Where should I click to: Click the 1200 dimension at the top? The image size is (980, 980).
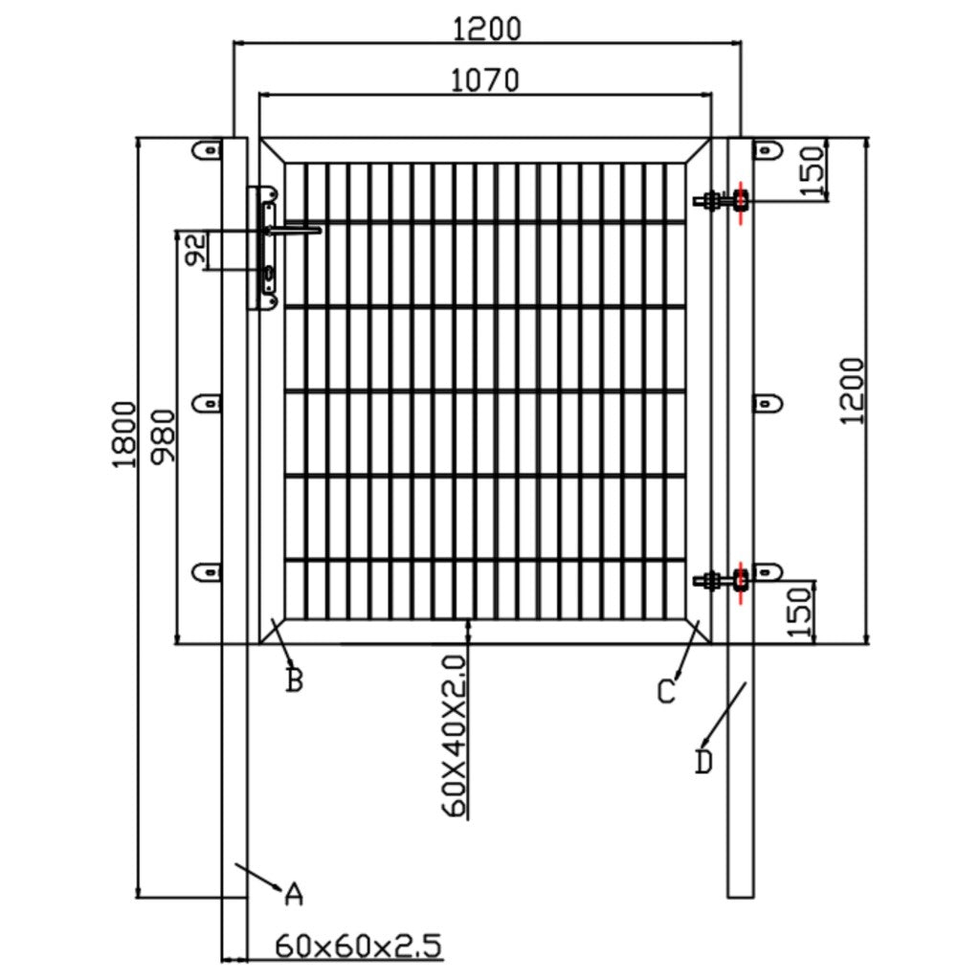pos(488,29)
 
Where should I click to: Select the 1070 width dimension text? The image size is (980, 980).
pos(485,80)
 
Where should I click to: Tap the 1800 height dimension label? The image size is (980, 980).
pos(123,434)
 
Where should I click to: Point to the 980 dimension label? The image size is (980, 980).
pos(164,435)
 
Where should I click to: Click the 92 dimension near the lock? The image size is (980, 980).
pos(194,251)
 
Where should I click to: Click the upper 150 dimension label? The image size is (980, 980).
pos(813,170)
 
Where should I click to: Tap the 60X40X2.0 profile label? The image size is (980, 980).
pos(455,735)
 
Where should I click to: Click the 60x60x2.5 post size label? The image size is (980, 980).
pos(359,947)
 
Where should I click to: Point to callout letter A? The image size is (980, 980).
pos(294,894)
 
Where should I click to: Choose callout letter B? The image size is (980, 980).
pos(295,680)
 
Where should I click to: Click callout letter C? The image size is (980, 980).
pos(667,691)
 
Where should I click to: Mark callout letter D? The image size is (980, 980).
pos(703,763)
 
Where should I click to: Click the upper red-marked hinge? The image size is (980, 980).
pos(740,200)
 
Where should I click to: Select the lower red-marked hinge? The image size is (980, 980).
pos(740,579)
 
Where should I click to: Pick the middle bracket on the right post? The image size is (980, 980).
pos(767,404)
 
